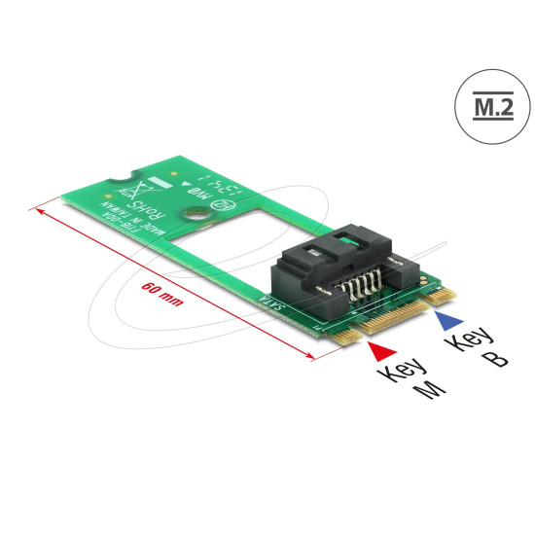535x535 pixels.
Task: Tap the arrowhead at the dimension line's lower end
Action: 308,358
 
